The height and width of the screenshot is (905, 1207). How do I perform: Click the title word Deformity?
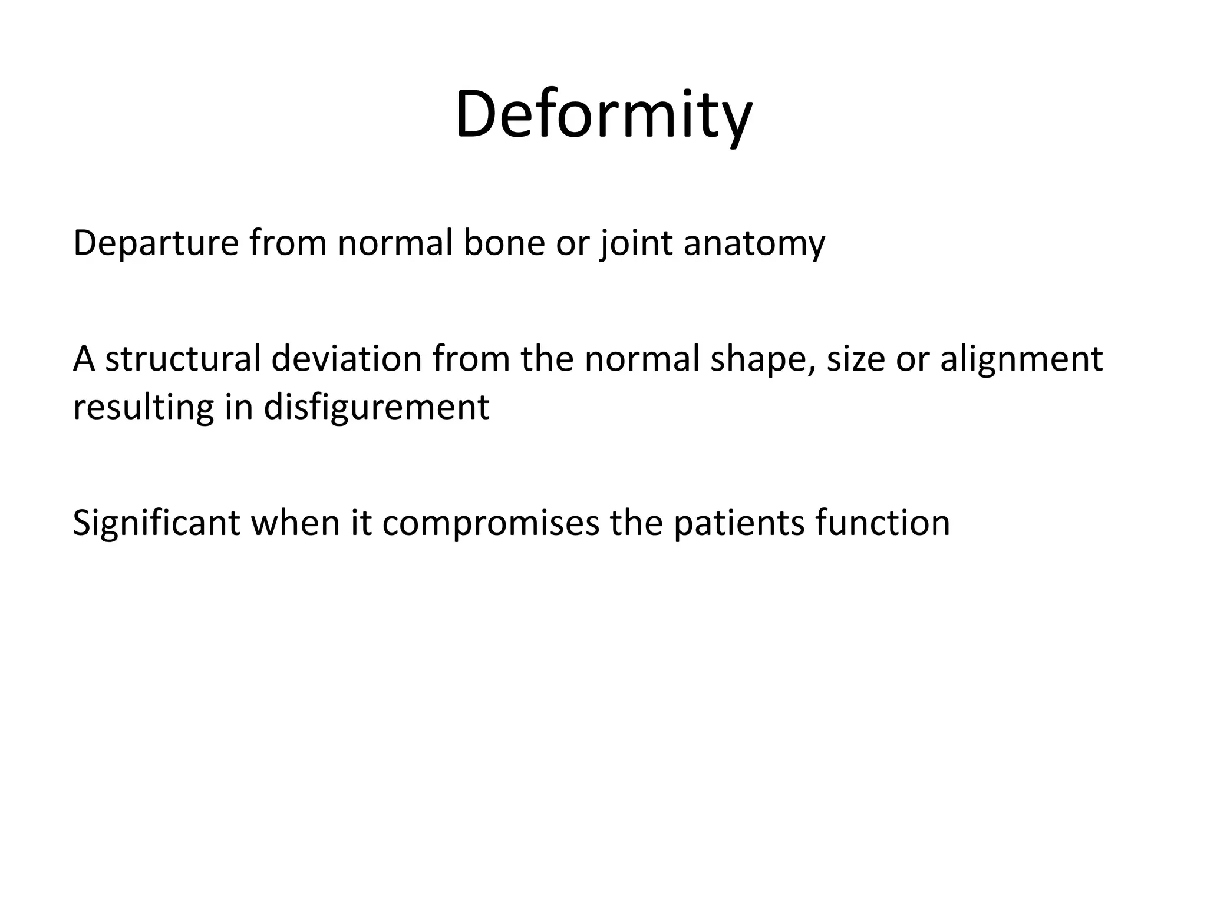603,115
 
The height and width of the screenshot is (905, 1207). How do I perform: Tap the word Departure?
155,243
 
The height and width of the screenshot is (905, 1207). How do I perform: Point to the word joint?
637,243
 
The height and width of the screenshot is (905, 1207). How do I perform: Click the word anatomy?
754,244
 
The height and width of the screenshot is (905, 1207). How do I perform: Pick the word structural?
183,359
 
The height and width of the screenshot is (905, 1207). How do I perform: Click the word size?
856,359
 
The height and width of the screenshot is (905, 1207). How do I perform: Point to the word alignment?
1021,360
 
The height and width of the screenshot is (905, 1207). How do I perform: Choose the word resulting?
143,408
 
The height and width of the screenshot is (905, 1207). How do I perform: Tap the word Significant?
156,523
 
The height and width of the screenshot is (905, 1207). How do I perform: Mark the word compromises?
490,524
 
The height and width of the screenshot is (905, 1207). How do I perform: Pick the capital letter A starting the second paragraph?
84,359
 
